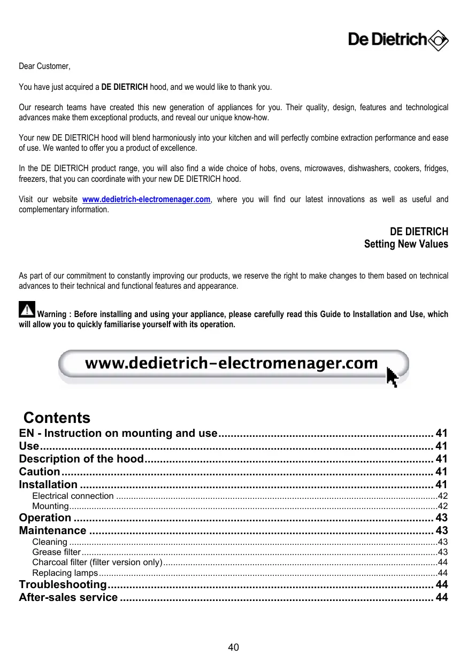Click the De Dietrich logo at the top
pos(398,40)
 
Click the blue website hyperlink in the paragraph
pos(146,199)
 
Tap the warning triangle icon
pos(27,310)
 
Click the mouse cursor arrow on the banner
pos(392,377)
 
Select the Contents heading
pos(57,418)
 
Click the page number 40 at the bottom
pos(234,647)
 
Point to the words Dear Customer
pos(44,66)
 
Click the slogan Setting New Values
pos(406,244)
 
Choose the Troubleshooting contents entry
pos(63,584)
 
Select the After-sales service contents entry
pos(68,597)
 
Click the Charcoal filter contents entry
pos(97,562)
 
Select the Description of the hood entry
pos(81,459)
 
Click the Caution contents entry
pos(40,472)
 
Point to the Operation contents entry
pos(45,518)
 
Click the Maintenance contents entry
pos(52,531)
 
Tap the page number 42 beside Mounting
pos(443,506)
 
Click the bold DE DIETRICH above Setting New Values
pos(419,232)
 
